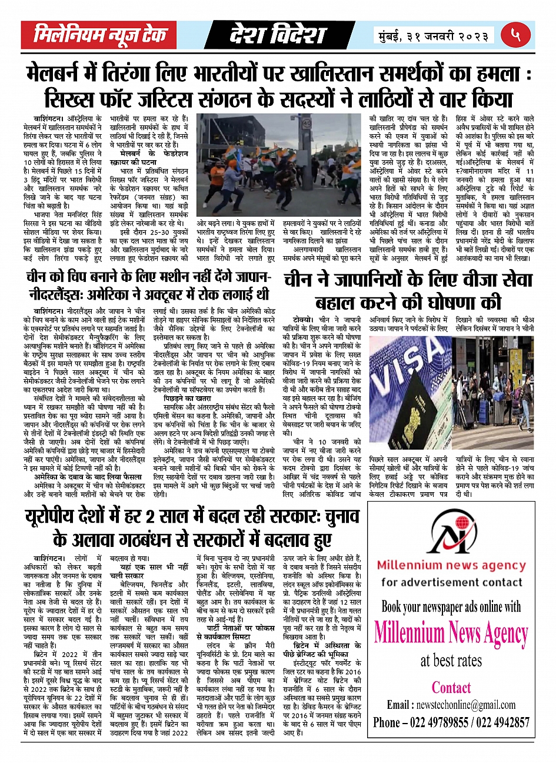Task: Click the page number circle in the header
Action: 516,35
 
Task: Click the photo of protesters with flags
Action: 278,165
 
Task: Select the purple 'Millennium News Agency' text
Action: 451,633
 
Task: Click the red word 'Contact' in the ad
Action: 451,687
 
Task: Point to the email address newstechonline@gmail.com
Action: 451,705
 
